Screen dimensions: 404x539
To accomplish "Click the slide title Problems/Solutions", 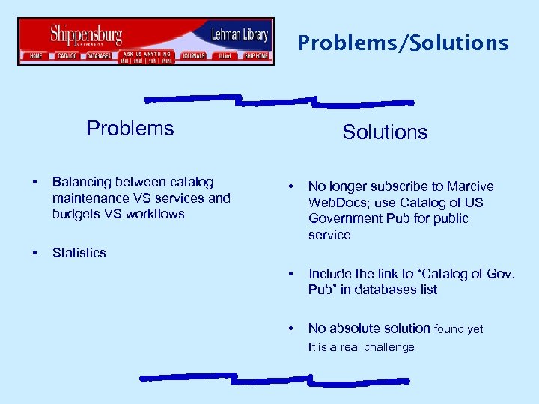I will coord(403,43).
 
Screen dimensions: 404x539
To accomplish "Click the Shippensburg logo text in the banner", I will coord(86,34).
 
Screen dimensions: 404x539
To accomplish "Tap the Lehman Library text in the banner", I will coord(240,34).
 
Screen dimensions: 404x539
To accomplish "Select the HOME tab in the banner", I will coord(35,56).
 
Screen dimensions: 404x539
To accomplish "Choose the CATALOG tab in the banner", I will coord(68,56).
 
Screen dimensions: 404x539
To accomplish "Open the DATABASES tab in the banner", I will coord(99,56).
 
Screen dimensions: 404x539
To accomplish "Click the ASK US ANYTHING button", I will coord(147,55).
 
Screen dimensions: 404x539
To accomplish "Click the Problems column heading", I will coord(130,129).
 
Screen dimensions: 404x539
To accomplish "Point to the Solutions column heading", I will coord(385,132).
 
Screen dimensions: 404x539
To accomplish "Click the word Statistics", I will coord(79,253).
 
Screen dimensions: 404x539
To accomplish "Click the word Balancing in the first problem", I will coord(81,182).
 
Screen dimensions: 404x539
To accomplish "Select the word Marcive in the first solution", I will coord(470,186).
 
